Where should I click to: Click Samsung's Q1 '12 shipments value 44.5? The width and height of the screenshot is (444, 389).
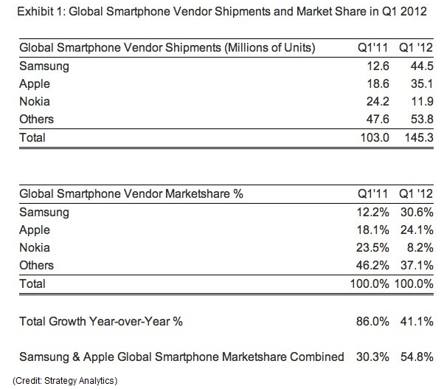422,66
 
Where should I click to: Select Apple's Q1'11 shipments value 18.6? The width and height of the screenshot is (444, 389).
378,84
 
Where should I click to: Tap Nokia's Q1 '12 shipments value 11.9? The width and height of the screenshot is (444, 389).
422,101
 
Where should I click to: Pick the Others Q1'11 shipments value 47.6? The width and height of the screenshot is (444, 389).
378,120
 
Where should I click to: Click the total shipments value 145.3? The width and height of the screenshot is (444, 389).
419,138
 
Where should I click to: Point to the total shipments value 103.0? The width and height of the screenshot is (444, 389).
375,138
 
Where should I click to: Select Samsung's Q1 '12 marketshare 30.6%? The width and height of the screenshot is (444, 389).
417,212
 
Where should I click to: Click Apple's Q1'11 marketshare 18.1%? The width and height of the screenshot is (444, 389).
372,230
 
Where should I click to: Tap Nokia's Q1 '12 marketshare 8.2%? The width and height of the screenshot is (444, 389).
420,247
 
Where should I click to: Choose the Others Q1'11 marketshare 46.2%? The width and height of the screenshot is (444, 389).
372,266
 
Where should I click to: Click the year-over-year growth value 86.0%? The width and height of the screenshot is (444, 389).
372,322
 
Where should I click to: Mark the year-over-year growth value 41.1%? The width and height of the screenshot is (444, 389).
417,322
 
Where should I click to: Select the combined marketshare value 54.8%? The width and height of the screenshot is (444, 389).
417,357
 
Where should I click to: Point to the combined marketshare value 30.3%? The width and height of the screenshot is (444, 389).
372,357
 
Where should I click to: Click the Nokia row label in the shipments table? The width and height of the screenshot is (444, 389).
35,101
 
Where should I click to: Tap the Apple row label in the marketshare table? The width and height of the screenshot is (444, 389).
35,230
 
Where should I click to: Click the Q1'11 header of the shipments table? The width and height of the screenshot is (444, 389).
372,47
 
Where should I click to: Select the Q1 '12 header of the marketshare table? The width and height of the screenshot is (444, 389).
416,194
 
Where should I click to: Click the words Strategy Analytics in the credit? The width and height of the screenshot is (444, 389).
79,381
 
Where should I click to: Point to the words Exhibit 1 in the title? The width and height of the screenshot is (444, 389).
41,12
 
